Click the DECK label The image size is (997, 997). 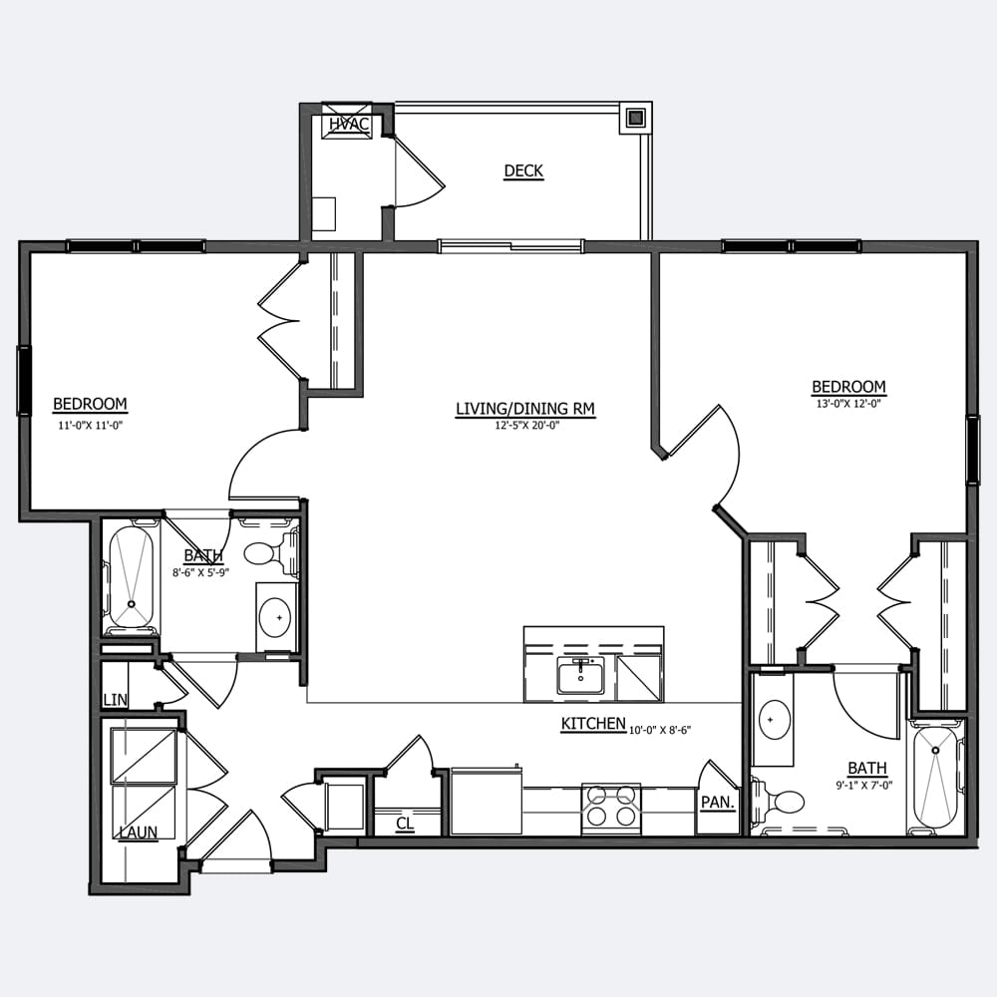point(523,170)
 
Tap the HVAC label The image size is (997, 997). point(348,124)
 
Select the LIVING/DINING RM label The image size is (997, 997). point(525,408)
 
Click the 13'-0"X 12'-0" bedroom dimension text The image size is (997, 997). point(848,403)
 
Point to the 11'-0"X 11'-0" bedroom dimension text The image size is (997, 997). point(90,426)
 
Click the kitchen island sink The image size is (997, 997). point(581,676)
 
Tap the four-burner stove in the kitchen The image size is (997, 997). point(611,809)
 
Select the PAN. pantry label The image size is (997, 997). point(718,803)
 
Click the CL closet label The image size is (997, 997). point(405,824)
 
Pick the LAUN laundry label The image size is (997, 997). point(139,831)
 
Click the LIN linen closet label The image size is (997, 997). point(115,700)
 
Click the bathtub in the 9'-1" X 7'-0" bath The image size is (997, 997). point(936,777)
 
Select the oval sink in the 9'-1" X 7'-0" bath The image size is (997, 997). point(774,720)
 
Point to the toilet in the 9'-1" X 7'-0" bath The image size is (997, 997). point(777,802)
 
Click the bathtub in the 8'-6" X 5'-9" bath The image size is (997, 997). point(131,578)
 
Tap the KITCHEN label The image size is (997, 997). point(593,724)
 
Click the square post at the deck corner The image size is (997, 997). point(635,117)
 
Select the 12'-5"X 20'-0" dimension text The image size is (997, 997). point(526,426)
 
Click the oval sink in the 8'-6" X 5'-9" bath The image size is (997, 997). point(275,617)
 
